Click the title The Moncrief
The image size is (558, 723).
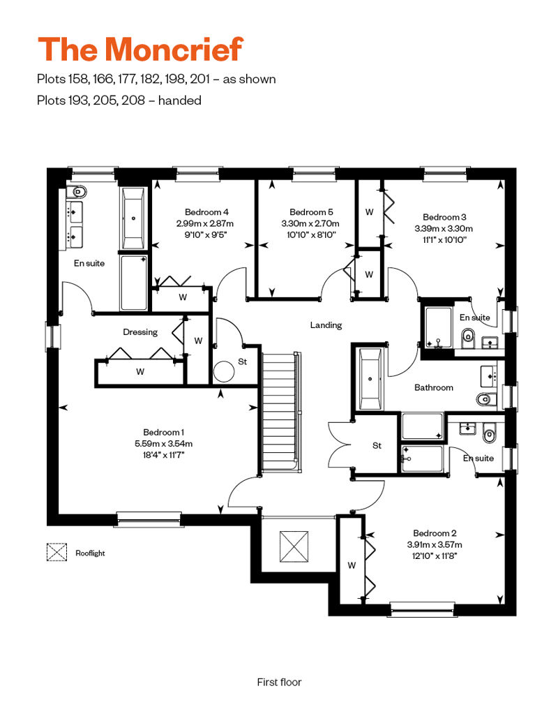click(x=140, y=50)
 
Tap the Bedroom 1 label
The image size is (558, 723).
click(x=164, y=433)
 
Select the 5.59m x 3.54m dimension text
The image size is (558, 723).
click(x=164, y=444)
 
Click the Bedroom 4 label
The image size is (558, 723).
click(x=206, y=212)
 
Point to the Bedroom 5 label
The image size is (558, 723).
click(x=311, y=212)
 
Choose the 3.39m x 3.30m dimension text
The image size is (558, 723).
click(x=444, y=229)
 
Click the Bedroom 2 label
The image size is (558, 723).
click(x=435, y=533)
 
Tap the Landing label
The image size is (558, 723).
click(x=326, y=325)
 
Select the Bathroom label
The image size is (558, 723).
click(x=434, y=388)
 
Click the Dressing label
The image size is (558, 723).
click(x=140, y=332)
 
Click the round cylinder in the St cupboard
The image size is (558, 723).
click(x=225, y=372)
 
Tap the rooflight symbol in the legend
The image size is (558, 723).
click(x=56, y=553)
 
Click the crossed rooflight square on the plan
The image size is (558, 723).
click(x=294, y=547)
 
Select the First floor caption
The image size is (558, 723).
click(x=279, y=683)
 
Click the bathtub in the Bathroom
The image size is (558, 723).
click(x=370, y=380)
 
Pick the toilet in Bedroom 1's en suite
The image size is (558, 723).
click(x=77, y=191)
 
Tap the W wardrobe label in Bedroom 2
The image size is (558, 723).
click(x=352, y=565)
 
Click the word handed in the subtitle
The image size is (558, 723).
click(x=180, y=100)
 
